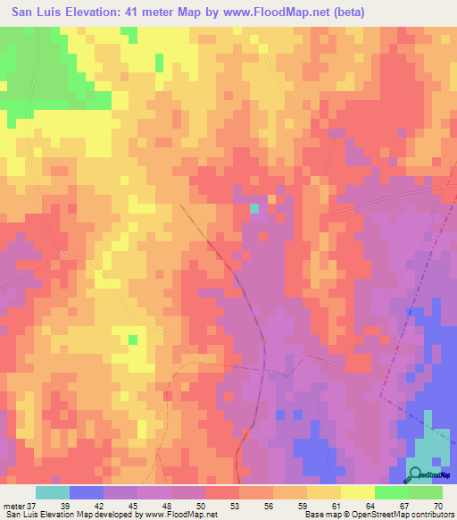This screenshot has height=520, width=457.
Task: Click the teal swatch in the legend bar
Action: [x=53, y=492]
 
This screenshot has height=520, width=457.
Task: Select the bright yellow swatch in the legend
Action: [x=358, y=492]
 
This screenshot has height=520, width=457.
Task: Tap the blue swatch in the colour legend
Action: [x=87, y=492]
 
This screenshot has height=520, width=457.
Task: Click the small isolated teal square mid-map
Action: [x=254, y=208]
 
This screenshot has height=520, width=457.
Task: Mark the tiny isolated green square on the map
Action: [x=133, y=340]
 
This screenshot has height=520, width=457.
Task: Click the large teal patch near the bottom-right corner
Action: [x=435, y=442]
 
